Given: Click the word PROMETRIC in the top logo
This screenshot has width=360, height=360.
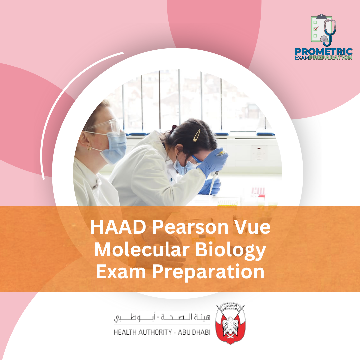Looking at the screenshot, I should pyautogui.click(x=323, y=52).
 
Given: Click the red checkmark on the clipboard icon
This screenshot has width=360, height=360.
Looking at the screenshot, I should pyautogui.click(x=316, y=29).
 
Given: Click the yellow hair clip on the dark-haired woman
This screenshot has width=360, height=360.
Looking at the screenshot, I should pyautogui.click(x=197, y=135).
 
